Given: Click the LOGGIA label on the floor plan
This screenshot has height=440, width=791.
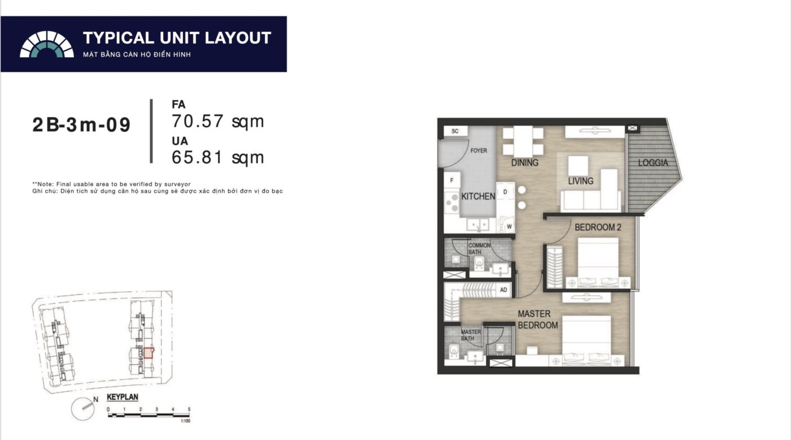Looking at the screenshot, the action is click(x=653, y=163).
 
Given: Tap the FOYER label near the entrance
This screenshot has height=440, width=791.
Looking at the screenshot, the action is click(x=479, y=150).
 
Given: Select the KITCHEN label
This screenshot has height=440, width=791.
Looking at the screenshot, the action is click(x=478, y=196).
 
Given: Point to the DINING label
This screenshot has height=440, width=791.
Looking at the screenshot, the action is click(x=525, y=163).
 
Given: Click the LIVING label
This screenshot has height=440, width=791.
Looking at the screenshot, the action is click(x=581, y=181).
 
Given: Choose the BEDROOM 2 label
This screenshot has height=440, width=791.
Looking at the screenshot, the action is click(x=598, y=227).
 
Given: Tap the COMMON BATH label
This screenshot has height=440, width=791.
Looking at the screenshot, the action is click(x=479, y=248).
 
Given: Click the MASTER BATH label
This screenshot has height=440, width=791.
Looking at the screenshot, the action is click(x=471, y=335).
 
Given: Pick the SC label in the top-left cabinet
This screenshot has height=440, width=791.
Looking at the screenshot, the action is click(x=455, y=131).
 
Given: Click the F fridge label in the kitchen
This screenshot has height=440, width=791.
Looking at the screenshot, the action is click(x=451, y=180).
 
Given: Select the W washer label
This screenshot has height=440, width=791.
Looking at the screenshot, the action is click(x=509, y=227).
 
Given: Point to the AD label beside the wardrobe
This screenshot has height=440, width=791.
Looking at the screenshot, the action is click(x=503, y=290).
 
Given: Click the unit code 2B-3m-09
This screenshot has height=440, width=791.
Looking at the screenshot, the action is click(x=81, y=125).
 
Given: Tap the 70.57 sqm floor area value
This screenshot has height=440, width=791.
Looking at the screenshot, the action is click(x=218, y=121).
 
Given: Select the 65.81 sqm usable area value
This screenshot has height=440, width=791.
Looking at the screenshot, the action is click(x=218, y=157).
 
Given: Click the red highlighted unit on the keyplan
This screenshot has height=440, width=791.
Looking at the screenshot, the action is click(x=149, y=353).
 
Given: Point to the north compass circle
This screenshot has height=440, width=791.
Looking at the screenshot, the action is click(x=83, y=409).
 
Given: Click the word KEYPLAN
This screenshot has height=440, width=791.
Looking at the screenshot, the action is click(x=123, y=397).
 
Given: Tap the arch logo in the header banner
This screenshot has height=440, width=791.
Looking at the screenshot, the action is click(x=46, y=44).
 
